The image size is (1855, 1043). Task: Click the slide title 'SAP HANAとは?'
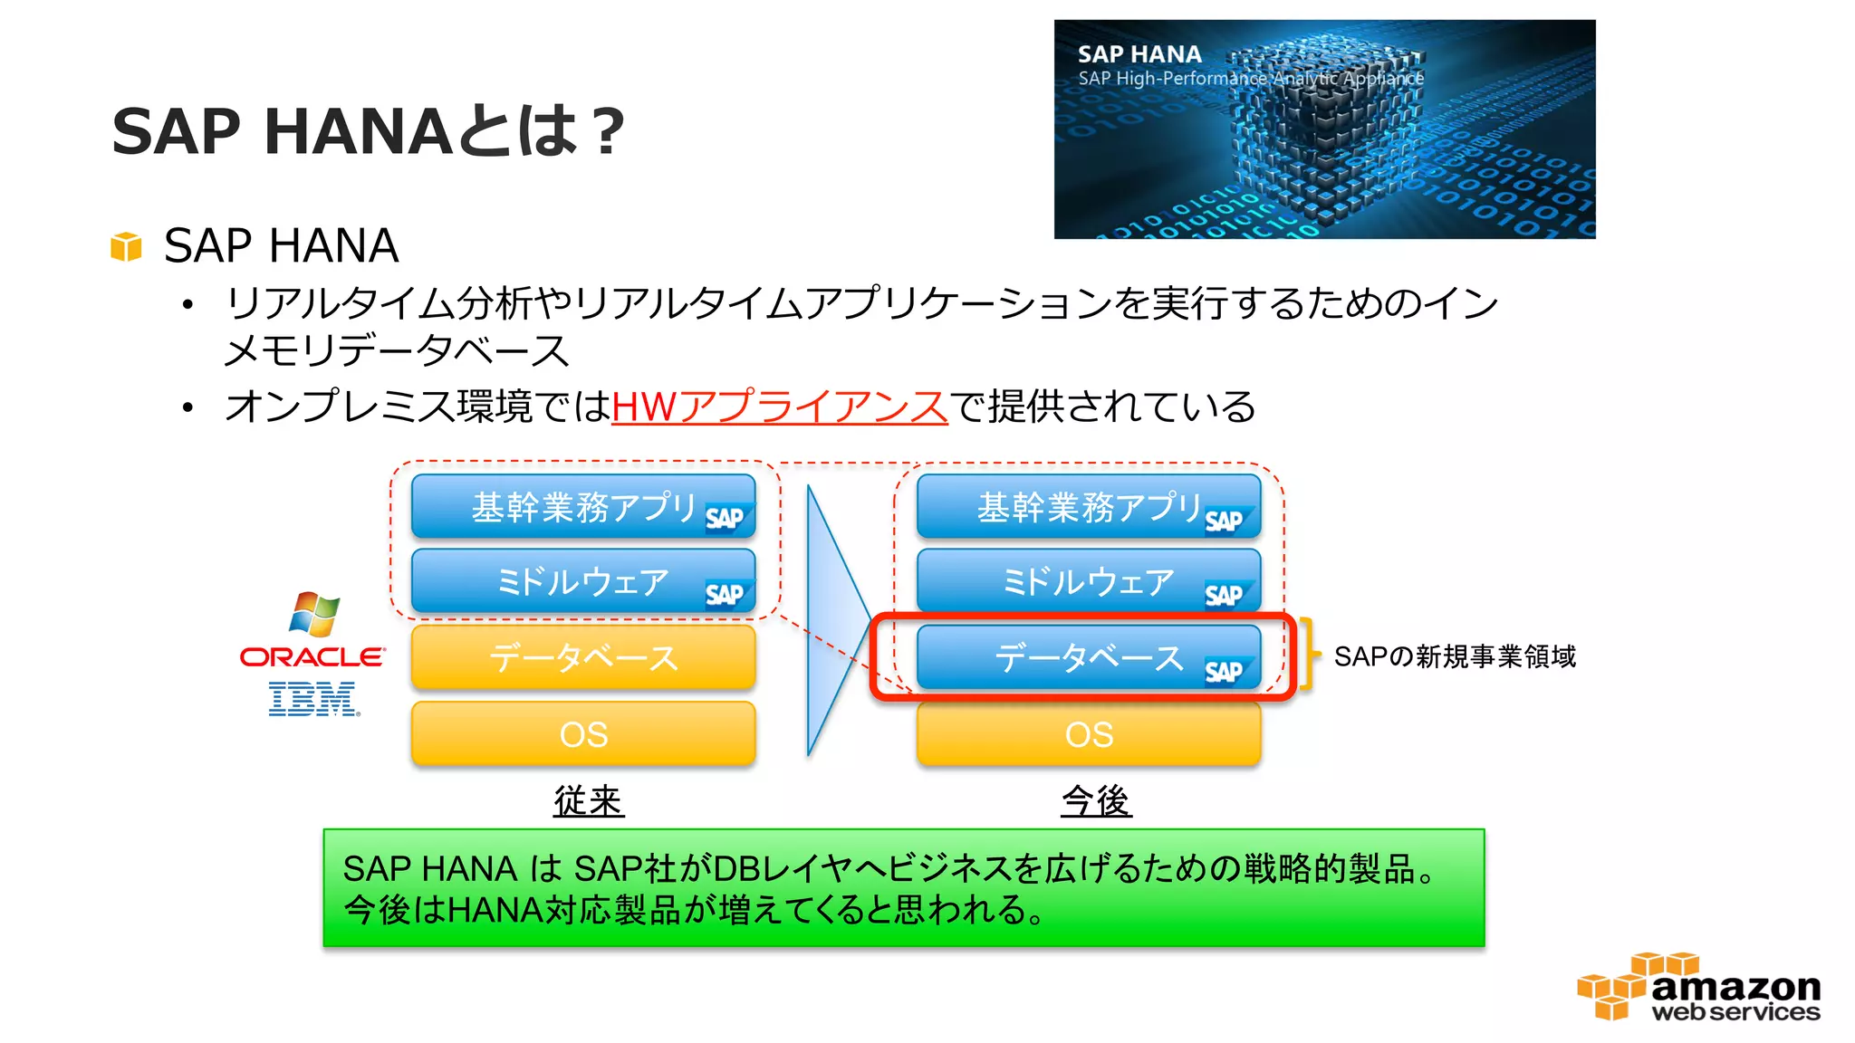click(x=368, y=131)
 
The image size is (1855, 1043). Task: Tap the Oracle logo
click(x=312, y=656)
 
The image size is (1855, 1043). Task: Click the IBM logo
click(x=313, y=699)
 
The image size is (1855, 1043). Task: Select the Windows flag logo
click(x=313, y=614)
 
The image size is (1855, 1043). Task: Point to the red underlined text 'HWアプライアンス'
click(x=779, y=407)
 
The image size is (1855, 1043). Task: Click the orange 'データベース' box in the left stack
click(x=583, y=657)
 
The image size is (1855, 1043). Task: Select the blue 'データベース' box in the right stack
click(x=1088, y=657)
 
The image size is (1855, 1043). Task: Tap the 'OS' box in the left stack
click(x=583, y=734)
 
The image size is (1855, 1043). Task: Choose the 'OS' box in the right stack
click(x=1088, y=734)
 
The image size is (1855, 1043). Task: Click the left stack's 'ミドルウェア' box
click(x=583, y=581)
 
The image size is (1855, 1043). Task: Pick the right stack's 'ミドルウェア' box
click(x=1088, y=581)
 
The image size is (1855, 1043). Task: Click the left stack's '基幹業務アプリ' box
click(x=583, y=507)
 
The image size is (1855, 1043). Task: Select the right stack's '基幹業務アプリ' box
click(x=1088, y=507)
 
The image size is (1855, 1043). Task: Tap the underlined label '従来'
click(x=589, y=801)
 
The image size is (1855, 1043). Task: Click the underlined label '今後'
click(x=1096, y=801)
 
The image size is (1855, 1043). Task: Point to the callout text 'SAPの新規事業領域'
click(x=1455, y=656)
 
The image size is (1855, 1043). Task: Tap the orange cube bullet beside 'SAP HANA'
click(x=127, y=246)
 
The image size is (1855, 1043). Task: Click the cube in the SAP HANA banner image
click(x=1318, y=127)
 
